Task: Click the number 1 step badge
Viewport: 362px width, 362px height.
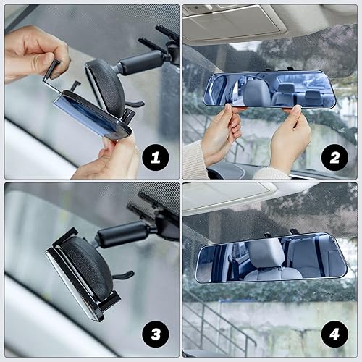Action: (155, 156)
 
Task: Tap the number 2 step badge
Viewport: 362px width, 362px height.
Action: (334, 156)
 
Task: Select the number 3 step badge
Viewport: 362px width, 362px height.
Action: (155, 334)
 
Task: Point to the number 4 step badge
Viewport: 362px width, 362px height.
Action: (334, 334)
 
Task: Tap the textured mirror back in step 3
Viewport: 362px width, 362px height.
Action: (87, 268)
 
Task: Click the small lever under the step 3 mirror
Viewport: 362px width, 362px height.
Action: (123, 276)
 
